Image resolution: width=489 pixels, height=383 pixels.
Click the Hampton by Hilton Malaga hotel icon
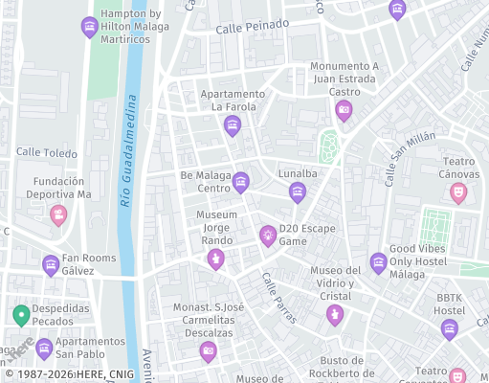click(90, 26)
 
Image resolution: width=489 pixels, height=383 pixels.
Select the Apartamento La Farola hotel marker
click(232, 125)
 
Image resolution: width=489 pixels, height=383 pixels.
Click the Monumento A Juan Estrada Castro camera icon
click(344, 111)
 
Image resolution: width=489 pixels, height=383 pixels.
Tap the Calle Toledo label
click(46, 152)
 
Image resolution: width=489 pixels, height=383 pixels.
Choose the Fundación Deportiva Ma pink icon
click(59, 214)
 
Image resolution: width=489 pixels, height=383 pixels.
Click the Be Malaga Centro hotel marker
click(241, 181)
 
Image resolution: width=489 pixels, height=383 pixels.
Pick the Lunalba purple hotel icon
click(298, 192)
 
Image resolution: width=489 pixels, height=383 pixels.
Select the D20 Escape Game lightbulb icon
click(268, 235)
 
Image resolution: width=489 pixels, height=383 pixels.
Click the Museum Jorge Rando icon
click(217, 259)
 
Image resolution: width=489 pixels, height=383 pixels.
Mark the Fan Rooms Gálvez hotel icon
click(51, 264)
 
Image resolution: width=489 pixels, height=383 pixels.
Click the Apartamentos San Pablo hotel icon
click(44, 349)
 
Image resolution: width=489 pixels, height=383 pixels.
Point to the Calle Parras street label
click(279, 298)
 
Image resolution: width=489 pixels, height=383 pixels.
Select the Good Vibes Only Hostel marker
click(379, 261)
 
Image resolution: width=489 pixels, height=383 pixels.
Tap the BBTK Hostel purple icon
click(450, 329)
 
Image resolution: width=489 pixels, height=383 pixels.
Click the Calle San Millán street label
click(404, 160)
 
